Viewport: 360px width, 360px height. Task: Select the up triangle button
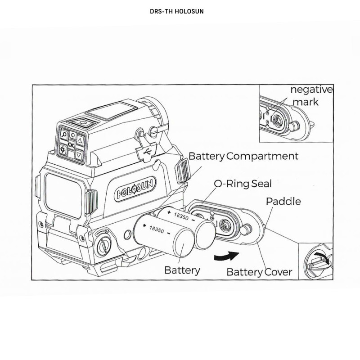click(81, 140)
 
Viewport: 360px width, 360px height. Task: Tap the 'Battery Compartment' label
click(243, 156)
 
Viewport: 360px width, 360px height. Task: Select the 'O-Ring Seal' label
click(243, 184)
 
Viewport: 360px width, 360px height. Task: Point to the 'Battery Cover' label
click(259, 272)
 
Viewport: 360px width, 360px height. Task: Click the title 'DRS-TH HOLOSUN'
click(177, 11)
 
